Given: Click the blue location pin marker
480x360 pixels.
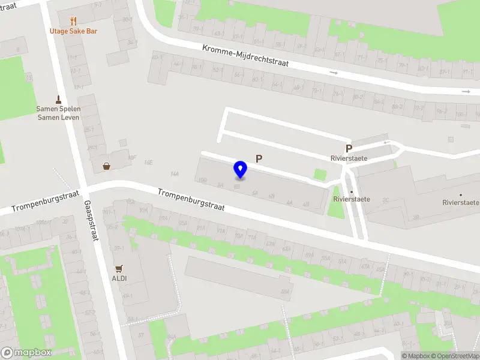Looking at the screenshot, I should point(241,170).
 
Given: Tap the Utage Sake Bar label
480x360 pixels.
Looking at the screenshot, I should point(74,31).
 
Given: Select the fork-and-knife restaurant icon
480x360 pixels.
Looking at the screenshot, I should point(74,22).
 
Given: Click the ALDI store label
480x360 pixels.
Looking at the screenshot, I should point(119,278).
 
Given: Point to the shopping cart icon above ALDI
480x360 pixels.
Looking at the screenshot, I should point(119,269).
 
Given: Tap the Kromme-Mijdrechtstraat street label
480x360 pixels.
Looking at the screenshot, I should point(245,56).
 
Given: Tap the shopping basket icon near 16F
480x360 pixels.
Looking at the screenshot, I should point(106,166).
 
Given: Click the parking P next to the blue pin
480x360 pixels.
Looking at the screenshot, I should point(259,158).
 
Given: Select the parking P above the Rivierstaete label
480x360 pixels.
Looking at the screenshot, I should point(348,148).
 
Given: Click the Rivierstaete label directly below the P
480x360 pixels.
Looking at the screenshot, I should point(348,159).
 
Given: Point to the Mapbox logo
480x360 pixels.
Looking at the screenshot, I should point(26,353).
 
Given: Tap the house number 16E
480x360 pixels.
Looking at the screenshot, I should point(148,163).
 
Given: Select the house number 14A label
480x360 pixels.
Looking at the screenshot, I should point(175,174).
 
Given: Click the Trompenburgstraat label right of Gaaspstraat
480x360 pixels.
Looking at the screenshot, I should point(191,200).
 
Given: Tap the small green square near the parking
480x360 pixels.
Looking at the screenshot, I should point(320,175).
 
